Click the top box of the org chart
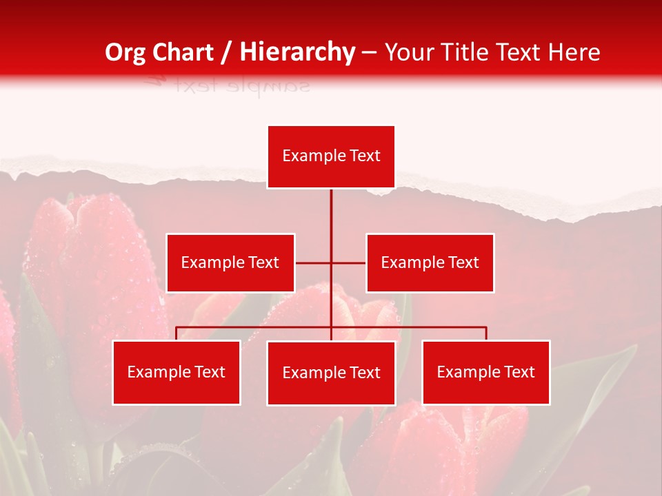coord(331,156)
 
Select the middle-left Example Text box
coord(230,262)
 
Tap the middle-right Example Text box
coord(430,262)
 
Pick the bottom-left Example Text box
coord(177,372)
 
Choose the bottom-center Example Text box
coord(331,373)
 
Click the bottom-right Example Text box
coord(485,372)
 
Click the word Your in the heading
coord(407,52)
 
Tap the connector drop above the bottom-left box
coord(177,333)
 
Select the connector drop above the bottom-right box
coord(485,333)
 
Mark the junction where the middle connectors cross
coord(331,262)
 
